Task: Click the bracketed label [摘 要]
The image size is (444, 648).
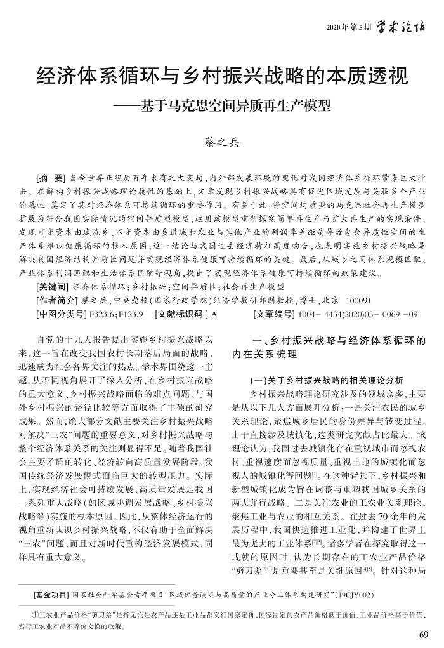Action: point(51,178)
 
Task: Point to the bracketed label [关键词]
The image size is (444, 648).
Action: point(53,286)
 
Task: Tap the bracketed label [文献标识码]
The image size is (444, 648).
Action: point(180,314)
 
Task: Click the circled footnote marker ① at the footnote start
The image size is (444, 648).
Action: point(35,616)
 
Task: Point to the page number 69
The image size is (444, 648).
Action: point(424,634)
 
